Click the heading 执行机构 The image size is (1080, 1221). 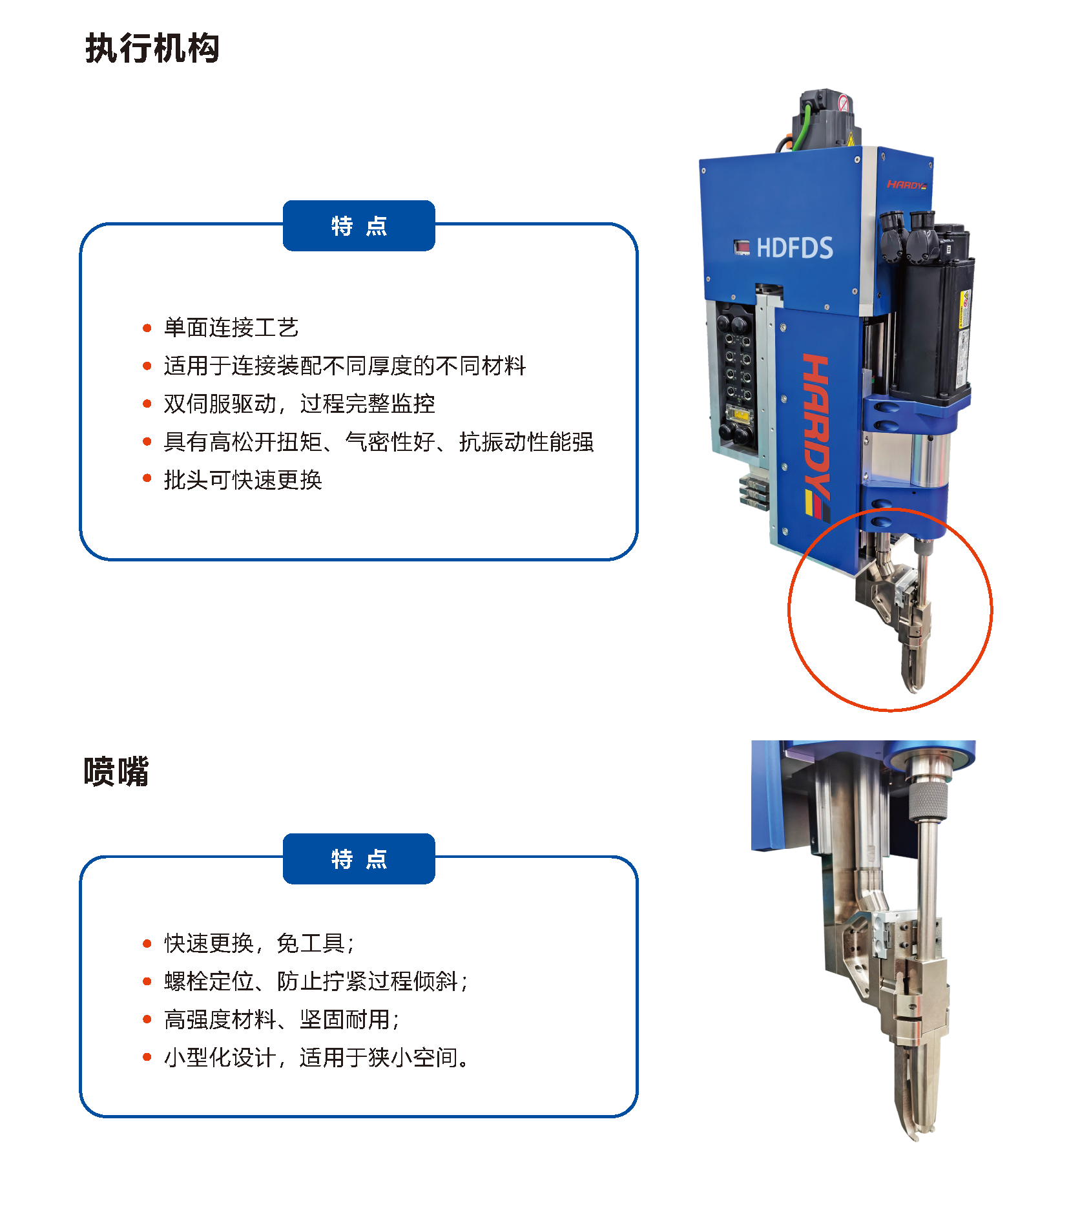pos(152,48)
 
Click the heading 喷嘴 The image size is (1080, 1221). pos(116,771)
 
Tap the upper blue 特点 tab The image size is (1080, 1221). pos(359,225)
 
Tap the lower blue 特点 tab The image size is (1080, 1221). pos(359,859)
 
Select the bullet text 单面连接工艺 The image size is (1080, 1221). pos(231,328)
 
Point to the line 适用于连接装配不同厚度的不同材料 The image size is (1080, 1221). pos(345,366)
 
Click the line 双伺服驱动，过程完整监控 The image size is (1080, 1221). pos(299,404)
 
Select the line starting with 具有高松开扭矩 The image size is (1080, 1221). pos(379,442)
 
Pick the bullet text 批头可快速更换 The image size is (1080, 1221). pos(243,479)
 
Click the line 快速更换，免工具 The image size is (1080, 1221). pos(259,943)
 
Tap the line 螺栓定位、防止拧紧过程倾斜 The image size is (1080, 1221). pos(316,981)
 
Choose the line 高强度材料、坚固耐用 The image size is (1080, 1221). pos(282,1019)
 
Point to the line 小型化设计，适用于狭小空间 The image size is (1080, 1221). pos(317,1058)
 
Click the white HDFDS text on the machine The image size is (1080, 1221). pos(794,248)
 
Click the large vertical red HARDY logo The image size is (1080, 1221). pos(816,437)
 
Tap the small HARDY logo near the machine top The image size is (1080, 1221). pos(907,185)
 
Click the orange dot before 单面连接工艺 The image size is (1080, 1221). pos(147,328)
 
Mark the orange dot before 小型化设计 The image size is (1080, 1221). pos(147,1058)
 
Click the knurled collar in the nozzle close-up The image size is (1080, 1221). pos(928,800)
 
